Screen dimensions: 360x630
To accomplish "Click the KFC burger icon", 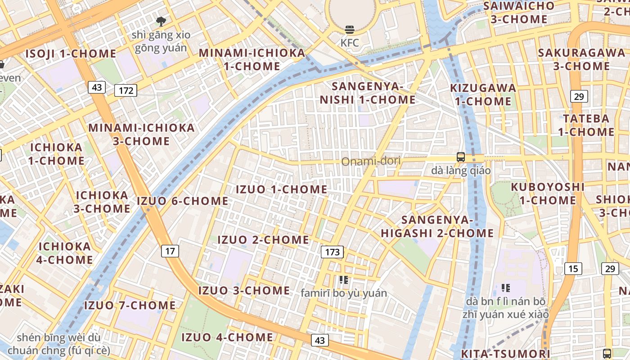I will point(350,30).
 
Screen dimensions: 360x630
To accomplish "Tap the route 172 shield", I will point(126,90).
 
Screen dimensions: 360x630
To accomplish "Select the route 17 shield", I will point(170,251).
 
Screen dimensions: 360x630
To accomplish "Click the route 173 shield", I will point(332,252).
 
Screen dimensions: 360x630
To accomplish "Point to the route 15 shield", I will point(573,269).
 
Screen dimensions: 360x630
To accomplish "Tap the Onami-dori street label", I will point(371,161).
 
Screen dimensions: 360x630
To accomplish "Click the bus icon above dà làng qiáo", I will point(461,157).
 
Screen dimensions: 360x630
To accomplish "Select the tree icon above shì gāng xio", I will point(161,21).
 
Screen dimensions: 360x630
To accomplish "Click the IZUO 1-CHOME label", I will point(282,189).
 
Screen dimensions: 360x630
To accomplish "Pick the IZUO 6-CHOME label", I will point(183,201).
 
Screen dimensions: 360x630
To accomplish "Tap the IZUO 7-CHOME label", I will point(130,306).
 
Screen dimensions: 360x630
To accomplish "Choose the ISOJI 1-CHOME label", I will point(71,54).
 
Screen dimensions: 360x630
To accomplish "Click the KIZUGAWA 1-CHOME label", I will point(483,94).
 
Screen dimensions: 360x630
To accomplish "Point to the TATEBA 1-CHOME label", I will point(586,125).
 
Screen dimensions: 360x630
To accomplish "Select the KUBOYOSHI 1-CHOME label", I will point(548,193).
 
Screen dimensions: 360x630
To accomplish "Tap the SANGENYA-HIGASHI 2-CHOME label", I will point(437,226).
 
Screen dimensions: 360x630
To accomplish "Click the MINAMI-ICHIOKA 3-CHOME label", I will point(141,134).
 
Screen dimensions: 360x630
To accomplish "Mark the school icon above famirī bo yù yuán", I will point(344,280).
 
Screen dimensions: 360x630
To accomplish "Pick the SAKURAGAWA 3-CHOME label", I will point(575,59).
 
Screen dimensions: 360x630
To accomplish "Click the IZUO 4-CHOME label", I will point(227,337).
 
